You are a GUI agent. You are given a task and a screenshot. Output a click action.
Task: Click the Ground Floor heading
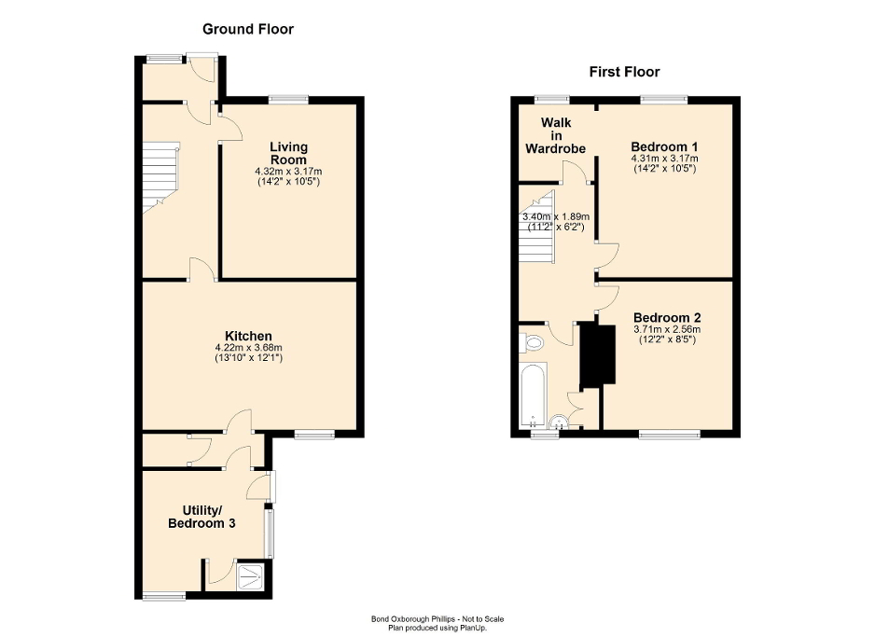pyautogui.click(x=249, y=29)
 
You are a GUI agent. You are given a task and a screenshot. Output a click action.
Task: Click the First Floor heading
pyautogui.click(x=624, y=72)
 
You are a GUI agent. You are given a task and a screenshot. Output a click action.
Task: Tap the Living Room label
pyautogui.click(x=288, y=153)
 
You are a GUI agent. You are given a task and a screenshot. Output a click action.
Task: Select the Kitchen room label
pyautogui.click(x=248, y=336)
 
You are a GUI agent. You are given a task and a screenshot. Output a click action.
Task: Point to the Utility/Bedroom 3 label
pyautogui.click(x=201, y=517)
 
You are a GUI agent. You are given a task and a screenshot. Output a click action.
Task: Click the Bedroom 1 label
pyautogui.click(x=664, y=147)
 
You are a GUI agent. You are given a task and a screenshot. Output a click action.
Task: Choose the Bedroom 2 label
pyautogui.click(x=665, y=317)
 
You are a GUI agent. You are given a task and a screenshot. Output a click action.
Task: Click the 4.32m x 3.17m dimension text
pyautogui.click(x=288, y=172)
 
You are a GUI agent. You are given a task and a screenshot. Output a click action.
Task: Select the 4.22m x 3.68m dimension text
pyautogui.click(x=248, y=348)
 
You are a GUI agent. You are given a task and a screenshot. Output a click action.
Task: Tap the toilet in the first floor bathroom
pyautogui.click(x=533, y=343)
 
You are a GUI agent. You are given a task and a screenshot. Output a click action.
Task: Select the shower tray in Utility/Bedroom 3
pyautogui.click(x=251, y=577)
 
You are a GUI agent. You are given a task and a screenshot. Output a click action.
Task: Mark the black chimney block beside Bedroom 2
pyautogui.click(x=597, y=354)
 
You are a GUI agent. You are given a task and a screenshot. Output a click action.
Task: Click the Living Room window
pyautogui.click(x=289, y=98)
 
